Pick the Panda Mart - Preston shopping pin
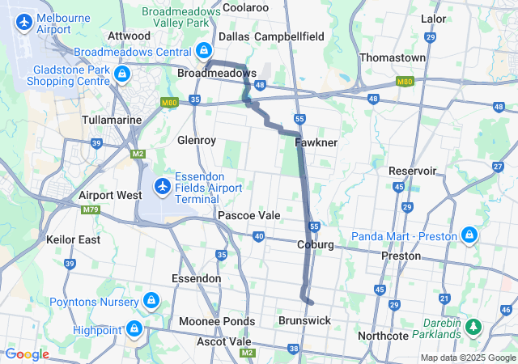click(469, 235)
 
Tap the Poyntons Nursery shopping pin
click(150, 302)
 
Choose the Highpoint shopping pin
click(134, 329)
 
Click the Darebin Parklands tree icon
click(472, 328)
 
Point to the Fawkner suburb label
click(316, 142)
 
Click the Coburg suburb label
click(316, 244)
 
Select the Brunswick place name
click(304, 320)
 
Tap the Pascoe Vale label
click(248, 216)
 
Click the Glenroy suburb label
click(197, 140)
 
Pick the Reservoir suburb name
click(413, 171)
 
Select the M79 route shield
click(89, 210)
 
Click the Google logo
click(27, 354)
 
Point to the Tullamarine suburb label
click(113, 119)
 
